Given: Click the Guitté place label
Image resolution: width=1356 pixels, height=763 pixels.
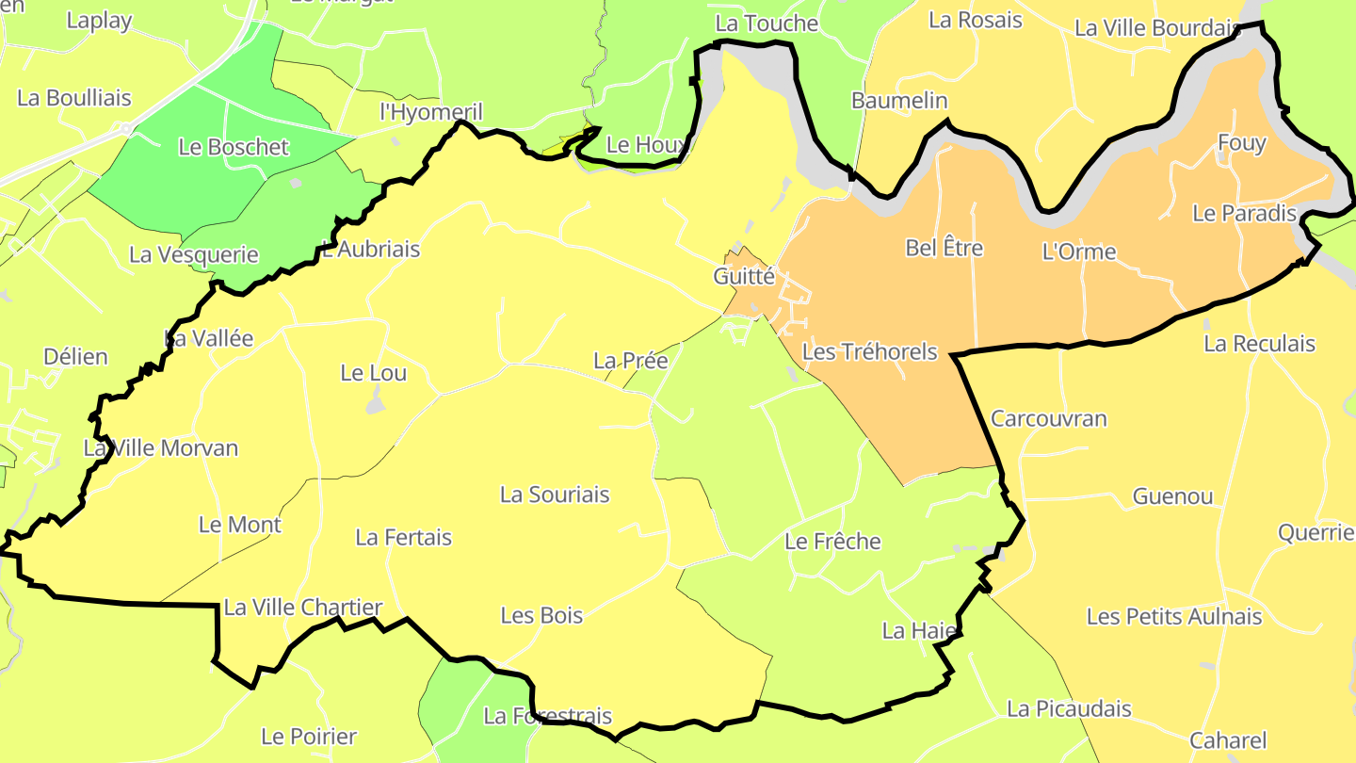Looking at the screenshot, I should (744, 277).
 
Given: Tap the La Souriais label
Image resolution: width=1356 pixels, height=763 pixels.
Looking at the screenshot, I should (555, 495).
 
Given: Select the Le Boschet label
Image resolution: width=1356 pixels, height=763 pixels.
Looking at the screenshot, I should (234, 147).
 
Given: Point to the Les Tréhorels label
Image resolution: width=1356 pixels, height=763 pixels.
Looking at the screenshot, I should (869, 351).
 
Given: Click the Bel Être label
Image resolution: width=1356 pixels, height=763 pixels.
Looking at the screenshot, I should (944, 248).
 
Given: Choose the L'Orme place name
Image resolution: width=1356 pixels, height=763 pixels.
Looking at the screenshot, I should (1079, 252).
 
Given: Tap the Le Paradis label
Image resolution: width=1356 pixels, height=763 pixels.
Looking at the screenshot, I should (1244, 213).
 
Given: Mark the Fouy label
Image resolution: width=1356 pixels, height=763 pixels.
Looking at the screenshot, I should (1242, 143).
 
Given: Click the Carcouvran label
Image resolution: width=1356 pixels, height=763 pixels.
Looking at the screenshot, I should (1049, 418).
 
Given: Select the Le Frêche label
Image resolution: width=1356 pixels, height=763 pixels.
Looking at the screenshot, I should (832, 542).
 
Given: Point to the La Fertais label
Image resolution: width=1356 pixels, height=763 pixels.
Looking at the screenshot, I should (403, 538).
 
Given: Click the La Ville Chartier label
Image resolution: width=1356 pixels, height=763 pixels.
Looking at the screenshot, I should (303, 608).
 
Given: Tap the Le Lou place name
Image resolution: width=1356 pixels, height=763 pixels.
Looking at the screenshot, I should (374, 373).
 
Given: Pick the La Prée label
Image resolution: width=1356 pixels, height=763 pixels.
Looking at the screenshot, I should (630, 361).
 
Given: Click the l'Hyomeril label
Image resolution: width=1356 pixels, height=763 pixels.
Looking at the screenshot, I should (430, 113).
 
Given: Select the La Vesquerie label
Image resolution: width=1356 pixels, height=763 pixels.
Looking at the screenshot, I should (194, 254).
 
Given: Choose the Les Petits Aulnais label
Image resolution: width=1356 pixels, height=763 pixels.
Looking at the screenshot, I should (1174, 617).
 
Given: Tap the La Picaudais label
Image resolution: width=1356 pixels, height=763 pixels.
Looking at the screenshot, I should (1069, 708).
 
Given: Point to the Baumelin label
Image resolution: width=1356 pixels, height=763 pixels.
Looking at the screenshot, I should (899, 100).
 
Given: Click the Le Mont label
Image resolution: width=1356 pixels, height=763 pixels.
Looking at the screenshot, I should (240, 525).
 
